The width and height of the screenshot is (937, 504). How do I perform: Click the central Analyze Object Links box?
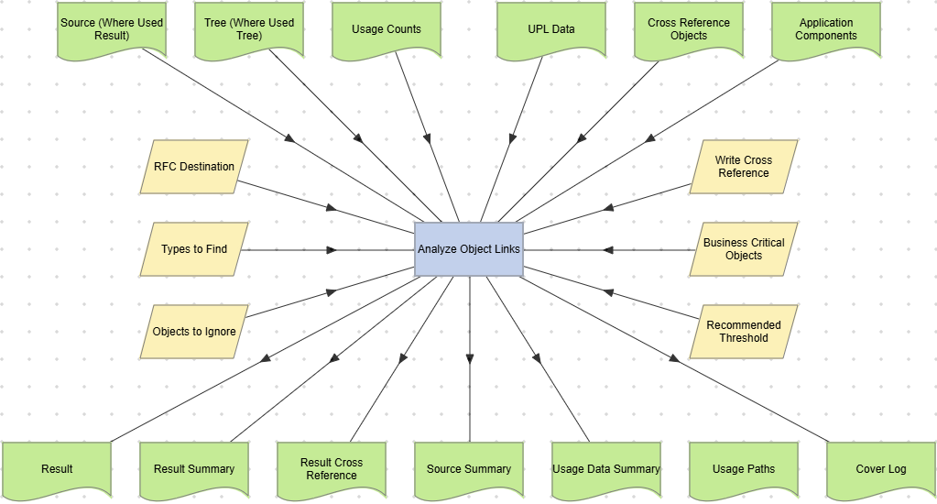(469, 249)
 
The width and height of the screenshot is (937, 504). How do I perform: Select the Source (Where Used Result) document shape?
(112, 29)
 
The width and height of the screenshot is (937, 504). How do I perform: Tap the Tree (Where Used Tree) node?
(249, 29)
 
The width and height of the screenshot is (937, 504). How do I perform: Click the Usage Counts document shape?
(387, 29)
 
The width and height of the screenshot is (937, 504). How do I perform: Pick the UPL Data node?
(551, 29)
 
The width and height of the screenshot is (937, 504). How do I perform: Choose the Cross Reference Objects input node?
(689, 29)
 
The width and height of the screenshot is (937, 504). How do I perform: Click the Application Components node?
(826, 29)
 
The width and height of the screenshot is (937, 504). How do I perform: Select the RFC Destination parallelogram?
(194, 167)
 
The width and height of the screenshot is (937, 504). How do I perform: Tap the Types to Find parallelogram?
(194, 249)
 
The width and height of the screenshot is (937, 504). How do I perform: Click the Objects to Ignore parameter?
(194, 332)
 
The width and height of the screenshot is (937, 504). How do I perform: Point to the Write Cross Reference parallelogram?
(744, 167)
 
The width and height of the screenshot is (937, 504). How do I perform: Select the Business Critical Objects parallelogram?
(744, 249)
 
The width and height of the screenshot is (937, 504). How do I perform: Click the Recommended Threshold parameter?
(744, 332)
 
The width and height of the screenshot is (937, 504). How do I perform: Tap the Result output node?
(57, 469)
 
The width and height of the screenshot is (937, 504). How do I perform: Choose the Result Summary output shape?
(194, 469)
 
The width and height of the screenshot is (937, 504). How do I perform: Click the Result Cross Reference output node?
(332, 469)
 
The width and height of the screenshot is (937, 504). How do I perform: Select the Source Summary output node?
(469, 469)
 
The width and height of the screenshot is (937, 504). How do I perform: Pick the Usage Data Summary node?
(606, 469)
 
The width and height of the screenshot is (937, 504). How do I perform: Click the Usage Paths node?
(744, 469)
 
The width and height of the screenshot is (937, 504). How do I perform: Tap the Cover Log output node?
(881, 469)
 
